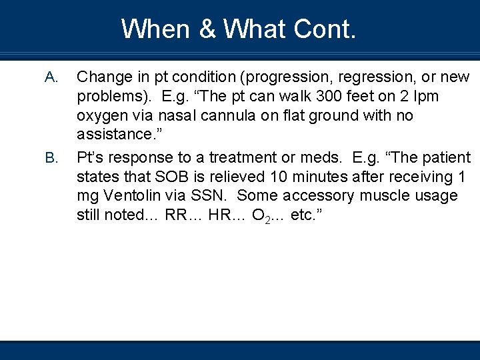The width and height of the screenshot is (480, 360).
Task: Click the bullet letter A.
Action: click(x=50, y=78)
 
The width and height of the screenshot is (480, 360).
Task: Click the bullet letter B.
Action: click(x=50, y=158)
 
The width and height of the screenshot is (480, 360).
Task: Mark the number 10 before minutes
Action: click(x=280, y=177)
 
